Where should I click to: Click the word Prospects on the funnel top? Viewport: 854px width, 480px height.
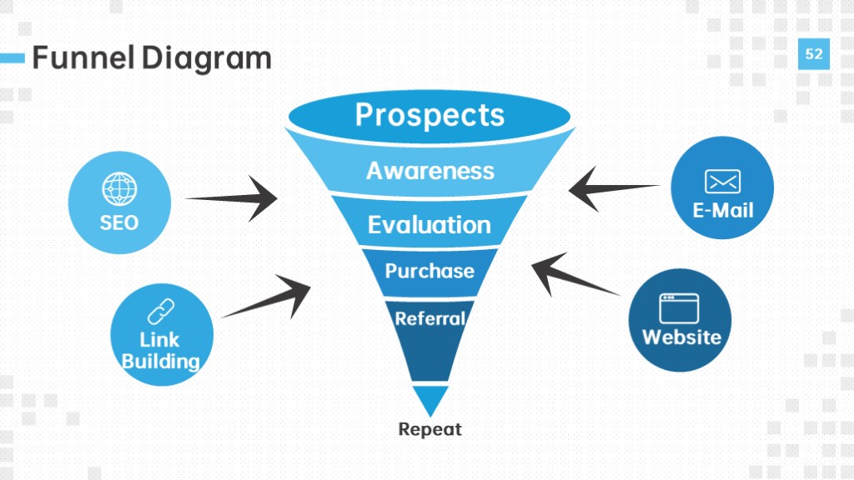tap(430, 116)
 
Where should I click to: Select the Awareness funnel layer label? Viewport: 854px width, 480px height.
tap(430, 171)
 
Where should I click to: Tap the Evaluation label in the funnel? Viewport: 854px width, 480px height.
tap(430, 225)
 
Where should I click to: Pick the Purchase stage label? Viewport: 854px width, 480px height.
tap(430, 271)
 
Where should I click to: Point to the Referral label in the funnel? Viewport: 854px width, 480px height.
tap(430, 319)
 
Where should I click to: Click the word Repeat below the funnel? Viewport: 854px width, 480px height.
tap(430, 429)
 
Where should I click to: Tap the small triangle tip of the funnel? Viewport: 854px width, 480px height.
tap(430, 401)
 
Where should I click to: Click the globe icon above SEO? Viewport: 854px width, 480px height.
tap(119, 189)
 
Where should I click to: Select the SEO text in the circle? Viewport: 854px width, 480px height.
tap(119, 222)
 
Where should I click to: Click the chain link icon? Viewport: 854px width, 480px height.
tap(161, 312)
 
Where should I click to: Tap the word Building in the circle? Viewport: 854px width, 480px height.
tap(161, 362)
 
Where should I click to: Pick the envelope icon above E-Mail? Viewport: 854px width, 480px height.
tap(723, 182)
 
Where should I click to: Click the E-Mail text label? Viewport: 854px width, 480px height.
tap(723, 211)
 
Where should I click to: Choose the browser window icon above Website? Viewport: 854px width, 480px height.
tap(679, 308)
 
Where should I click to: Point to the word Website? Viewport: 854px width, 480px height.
tap(681, 337)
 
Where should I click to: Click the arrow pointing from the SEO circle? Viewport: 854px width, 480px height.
tap(232, 198)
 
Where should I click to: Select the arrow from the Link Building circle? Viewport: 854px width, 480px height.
tap(266, 297)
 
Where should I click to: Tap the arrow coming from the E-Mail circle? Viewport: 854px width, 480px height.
tap(614, 189)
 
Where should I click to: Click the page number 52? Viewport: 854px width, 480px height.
tap(814, 54)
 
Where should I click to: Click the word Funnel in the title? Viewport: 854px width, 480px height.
tap(83, 57)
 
